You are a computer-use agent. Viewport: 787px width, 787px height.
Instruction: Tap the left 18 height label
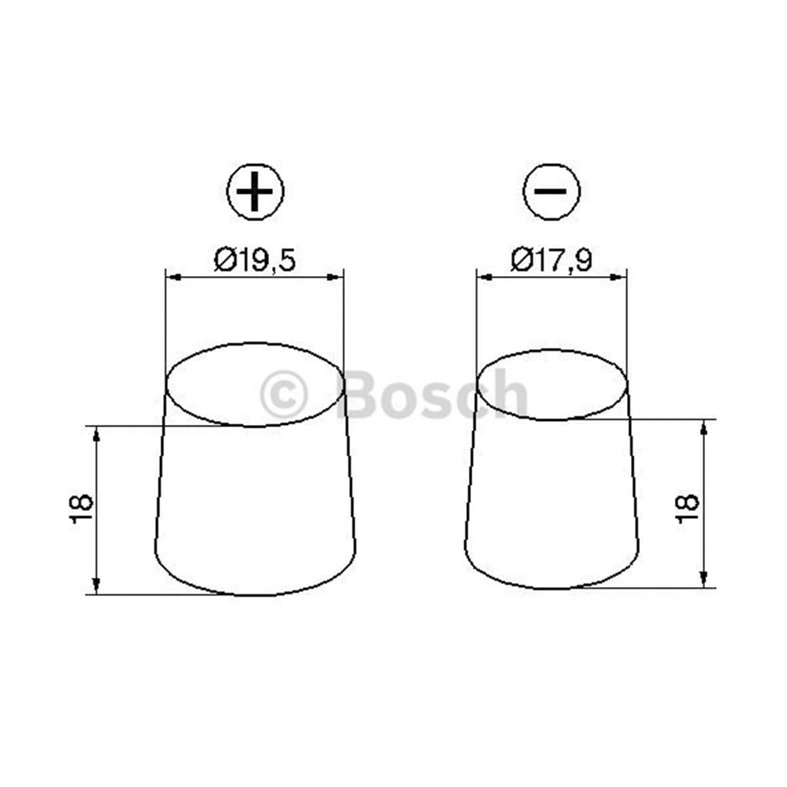pos(81,509)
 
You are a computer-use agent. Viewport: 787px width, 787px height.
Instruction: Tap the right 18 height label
pos(687,508)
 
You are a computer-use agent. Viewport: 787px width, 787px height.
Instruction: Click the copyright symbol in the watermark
pos(283,395)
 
